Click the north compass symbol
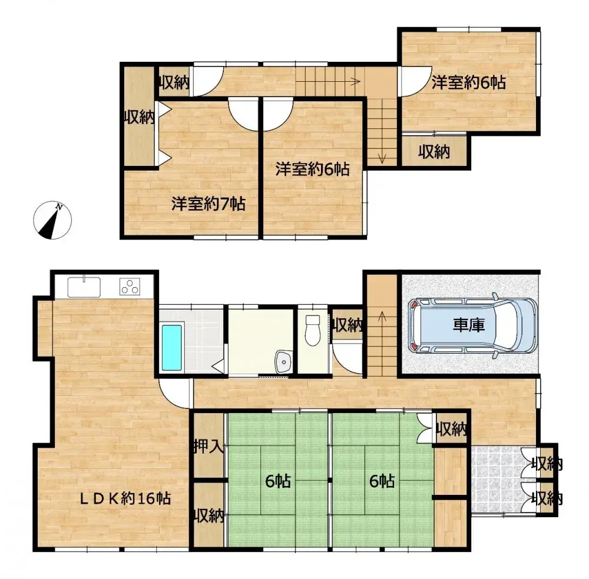pos(52,221)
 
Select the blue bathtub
pos(171,347)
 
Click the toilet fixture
pos(312,330)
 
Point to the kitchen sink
pos(84,287)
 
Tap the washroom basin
pos(284,360)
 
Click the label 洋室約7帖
pos(209,204)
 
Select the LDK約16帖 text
pos(125,498)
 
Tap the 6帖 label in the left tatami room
pos(277,481)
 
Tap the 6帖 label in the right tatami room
pos(382,481)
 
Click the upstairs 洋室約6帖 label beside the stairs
pos(313,169)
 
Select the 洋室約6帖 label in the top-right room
pos(468,82)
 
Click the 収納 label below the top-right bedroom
pos(435,152)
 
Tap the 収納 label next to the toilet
pos(346,324)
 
